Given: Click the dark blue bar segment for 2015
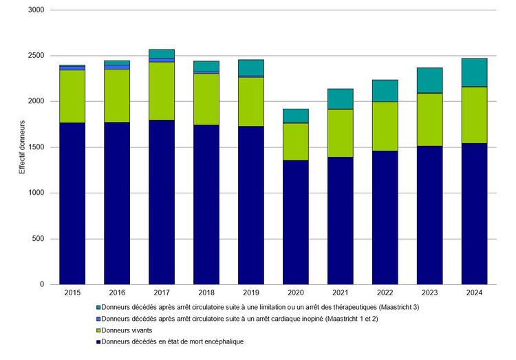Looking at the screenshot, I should (72, 203).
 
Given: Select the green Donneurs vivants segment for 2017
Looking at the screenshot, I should (162, 91).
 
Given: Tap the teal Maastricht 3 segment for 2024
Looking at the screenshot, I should (474, 72).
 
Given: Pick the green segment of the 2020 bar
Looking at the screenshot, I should (296, 141).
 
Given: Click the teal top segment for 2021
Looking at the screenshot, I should (341, 98).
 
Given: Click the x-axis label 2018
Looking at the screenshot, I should (206, 293).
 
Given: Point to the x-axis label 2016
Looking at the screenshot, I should (117, 293).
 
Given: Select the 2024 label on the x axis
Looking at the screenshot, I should (474, 293).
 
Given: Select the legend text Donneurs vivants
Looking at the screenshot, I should (127, 330).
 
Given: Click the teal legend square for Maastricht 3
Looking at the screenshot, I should (98, 307).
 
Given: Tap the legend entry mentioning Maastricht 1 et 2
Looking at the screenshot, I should (239, 319).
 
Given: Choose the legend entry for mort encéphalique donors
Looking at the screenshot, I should (172, 342).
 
